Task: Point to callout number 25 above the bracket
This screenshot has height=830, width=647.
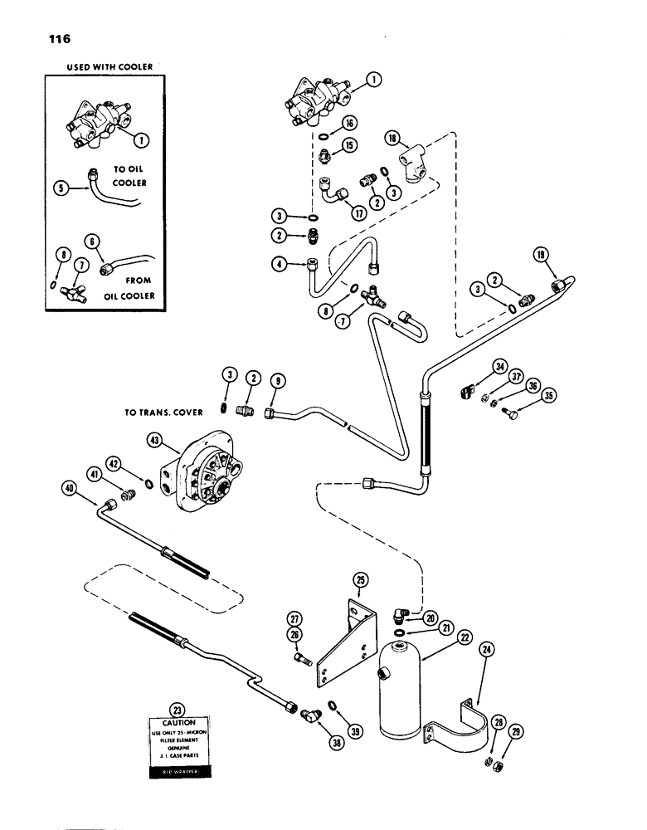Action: click(361, 579)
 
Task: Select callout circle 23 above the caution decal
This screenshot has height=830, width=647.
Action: click(175, 709)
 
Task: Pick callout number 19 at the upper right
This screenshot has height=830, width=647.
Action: click(542, 256)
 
